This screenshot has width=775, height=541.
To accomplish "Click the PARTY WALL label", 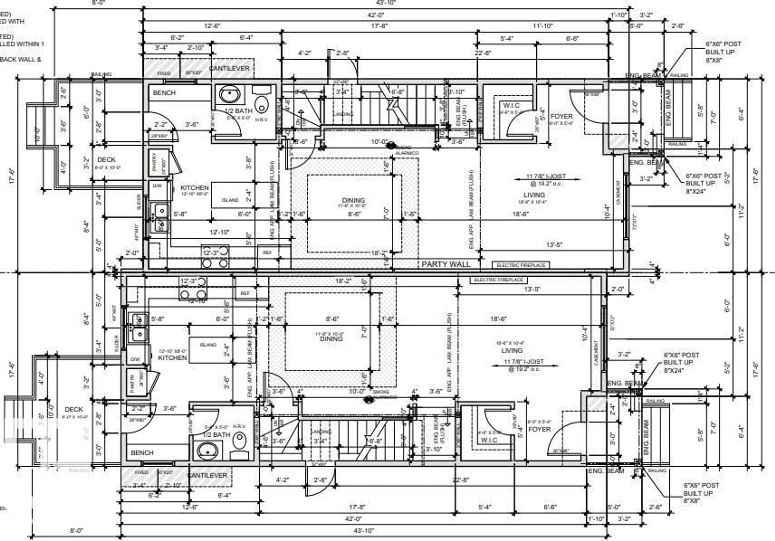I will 446,264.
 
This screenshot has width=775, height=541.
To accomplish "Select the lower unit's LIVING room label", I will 512,350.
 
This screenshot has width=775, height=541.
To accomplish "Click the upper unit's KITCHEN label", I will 194,188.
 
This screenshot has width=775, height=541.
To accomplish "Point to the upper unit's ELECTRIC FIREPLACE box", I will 521,265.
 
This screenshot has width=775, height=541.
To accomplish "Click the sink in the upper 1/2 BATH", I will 230,94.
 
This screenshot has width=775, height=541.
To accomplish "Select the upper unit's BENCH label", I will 164,93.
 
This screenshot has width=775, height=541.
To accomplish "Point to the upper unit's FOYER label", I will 561,116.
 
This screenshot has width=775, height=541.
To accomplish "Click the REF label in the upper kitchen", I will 267,253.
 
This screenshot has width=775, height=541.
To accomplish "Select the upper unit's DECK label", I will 106,159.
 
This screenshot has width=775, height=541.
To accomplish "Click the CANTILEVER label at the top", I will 229,69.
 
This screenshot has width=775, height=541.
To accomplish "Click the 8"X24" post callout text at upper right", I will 695,191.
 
